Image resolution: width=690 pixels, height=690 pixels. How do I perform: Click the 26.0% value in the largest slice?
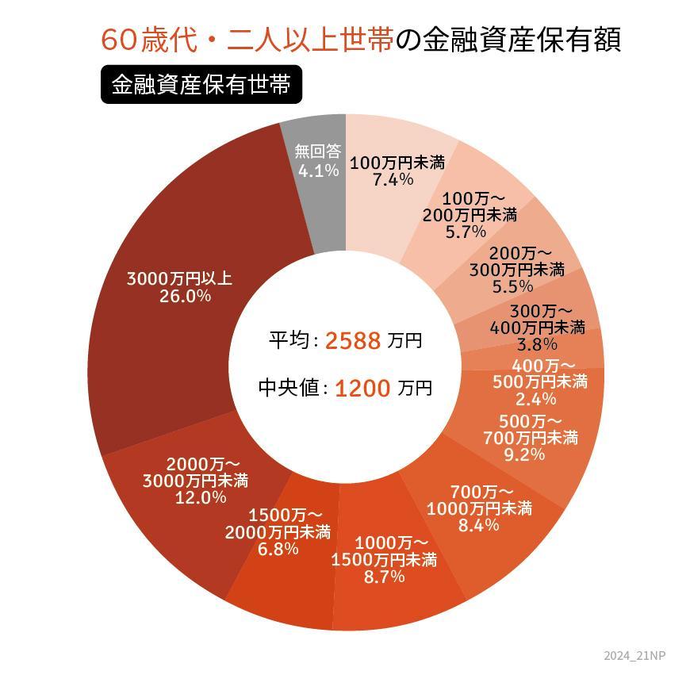179,297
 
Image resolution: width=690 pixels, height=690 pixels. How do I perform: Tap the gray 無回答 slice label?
317,151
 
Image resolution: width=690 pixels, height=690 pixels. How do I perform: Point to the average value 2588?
353,341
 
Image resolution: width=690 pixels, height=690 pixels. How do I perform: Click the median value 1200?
362,389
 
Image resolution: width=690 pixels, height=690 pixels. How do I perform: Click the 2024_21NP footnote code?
634,655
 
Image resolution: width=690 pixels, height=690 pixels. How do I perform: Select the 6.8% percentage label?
278,549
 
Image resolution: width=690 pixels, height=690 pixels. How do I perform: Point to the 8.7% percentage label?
384,577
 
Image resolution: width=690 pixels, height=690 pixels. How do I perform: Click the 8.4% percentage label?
478,525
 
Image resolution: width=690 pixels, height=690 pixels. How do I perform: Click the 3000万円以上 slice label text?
179,279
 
